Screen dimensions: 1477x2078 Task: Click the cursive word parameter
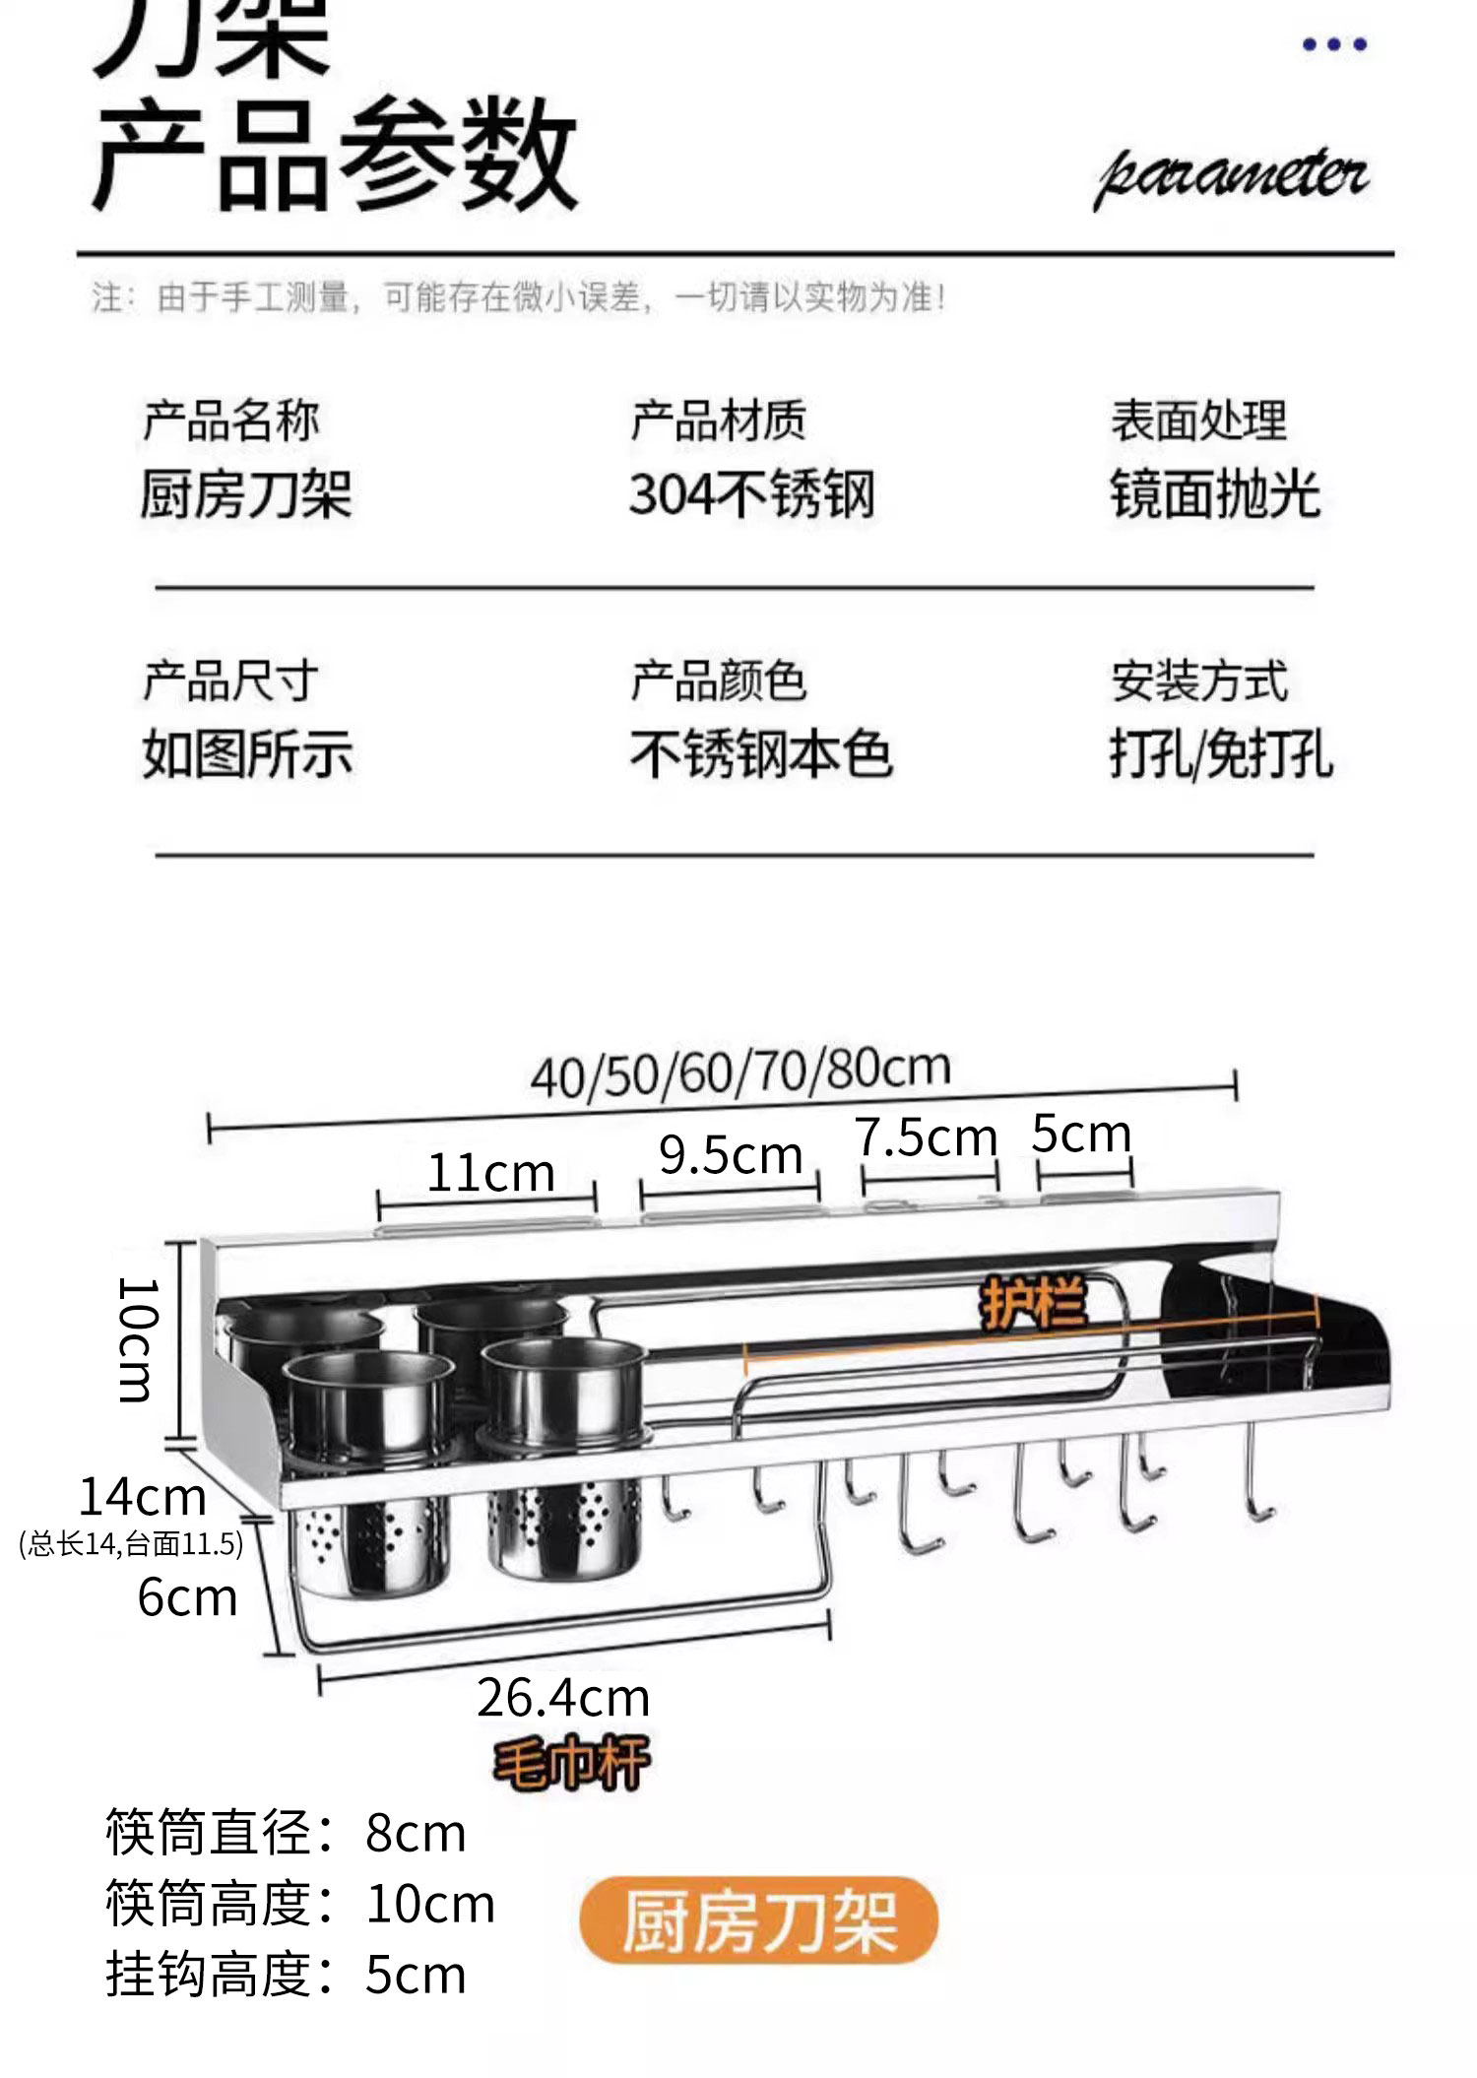pos(1233,179)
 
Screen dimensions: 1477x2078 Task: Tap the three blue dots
pos(1334,44)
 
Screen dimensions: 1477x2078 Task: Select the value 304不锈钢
pos(752,494)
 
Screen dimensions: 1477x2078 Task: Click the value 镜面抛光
pos(1215,494)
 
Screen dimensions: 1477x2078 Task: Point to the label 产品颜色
pos(719,682)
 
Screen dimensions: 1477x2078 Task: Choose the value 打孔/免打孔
pos(1221,755)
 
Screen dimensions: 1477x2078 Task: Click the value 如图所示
pos(247,755)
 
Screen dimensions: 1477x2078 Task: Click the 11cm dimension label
pos(490,1173)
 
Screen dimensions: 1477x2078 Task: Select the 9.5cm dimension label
pos(731,1154)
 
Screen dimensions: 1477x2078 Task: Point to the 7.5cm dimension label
pos(926,1138)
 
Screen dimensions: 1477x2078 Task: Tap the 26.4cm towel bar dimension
pos(563,1698)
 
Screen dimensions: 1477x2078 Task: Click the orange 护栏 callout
pos(1033,1303)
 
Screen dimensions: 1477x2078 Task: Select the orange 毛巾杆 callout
pos(571,1762)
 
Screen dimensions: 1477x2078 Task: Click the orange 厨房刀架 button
pos(758,1920)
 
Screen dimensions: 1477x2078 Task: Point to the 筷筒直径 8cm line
pos(286,1833)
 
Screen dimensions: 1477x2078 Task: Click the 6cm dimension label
pos(187,1597)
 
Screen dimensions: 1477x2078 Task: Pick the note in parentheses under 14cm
pos(131,1543)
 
